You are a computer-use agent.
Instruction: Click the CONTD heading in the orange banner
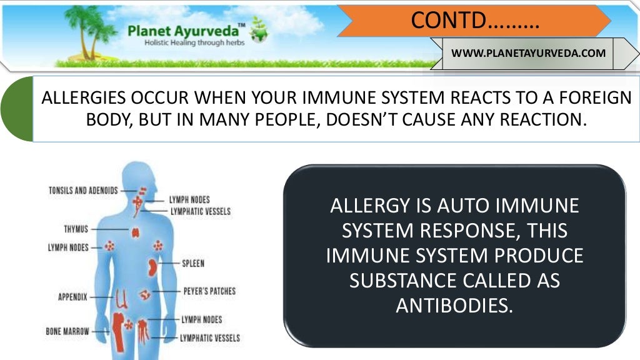(475, 21)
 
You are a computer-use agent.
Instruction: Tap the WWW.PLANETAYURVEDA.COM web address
(528, 53)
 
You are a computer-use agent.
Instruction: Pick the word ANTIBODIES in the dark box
(454, 306)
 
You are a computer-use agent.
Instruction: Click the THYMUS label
(75, 229)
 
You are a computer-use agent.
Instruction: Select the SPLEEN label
(193, 264)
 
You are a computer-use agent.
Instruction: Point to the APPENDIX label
(72, 297)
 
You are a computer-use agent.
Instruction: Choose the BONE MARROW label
(67, 331)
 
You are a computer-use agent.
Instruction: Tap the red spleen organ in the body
(151, 267)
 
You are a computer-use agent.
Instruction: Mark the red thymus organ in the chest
(135, 232)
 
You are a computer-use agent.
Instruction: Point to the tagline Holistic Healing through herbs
(194, 42)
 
